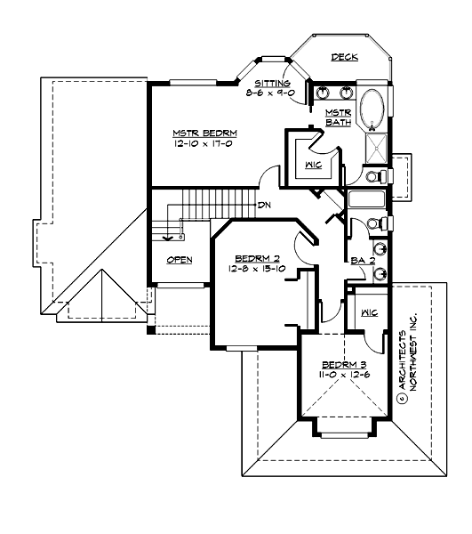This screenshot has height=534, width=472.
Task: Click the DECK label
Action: (344, 58)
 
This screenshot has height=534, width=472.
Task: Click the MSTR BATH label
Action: (338, 117)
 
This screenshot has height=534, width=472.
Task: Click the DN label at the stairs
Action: (264, 206)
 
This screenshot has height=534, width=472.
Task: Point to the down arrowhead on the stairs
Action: (165, 237)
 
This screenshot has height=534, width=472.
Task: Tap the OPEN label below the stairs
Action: (180, 262)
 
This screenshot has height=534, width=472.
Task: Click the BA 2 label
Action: (360, 262)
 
